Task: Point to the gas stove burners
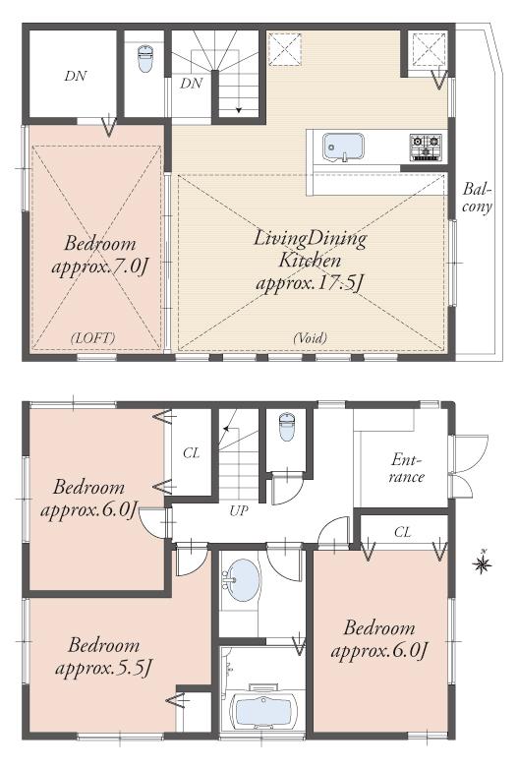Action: (427, 148)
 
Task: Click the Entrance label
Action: (406, 467)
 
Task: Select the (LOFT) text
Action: (93, 337)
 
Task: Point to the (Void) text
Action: (310, 337)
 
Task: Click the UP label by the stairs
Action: (238, 510)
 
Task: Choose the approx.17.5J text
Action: (310, 283)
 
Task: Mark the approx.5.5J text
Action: (109, 668)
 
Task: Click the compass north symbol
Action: (483, 563)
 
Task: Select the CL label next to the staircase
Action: (192, 453)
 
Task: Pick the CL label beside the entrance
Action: (402, 532)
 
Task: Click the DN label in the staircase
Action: (191, 84)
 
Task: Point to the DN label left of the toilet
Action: (74, 75)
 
